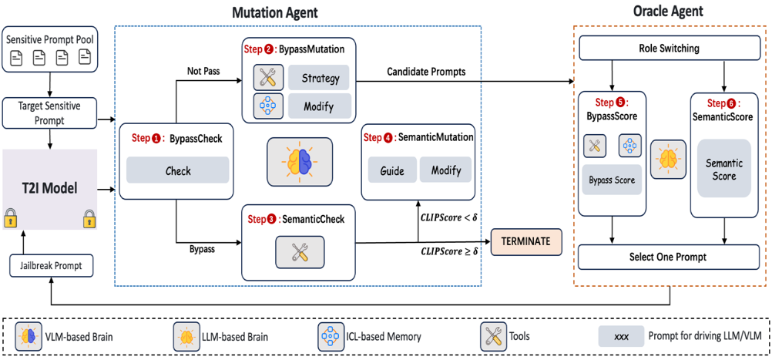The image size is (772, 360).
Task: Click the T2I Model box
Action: click(50, 187)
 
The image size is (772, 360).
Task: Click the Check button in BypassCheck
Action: click(178, 170)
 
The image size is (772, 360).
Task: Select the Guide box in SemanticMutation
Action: click(392, 170)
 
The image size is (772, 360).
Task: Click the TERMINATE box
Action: click(526, 241)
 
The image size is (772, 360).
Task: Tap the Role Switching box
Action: click(669, 49)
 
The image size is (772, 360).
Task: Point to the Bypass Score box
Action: click(612, 180)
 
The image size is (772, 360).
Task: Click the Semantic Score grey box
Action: click(723, 170)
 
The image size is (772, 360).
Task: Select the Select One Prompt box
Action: click(669, 257)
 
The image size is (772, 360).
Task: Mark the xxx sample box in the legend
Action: click(622, 336)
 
